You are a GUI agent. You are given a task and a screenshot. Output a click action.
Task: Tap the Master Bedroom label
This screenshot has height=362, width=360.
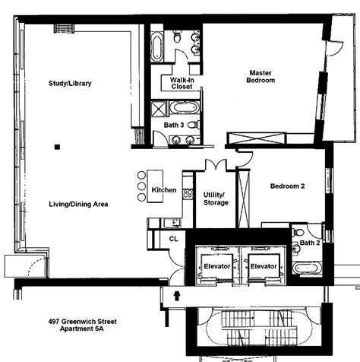pyautogui.click(x=261, y=77)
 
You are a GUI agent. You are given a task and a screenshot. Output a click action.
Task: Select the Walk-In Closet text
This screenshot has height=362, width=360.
pyautogui.click(x=181, y=82)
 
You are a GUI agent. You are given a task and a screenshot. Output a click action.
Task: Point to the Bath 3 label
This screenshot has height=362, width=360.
pyautogui.click(x=174, y=124)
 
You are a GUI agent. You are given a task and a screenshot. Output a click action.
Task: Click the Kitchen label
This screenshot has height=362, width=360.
pyautogui.click(x=164, y=189)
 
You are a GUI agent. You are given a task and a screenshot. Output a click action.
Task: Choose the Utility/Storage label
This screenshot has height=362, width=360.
pyautogui.click(x=216, y=198)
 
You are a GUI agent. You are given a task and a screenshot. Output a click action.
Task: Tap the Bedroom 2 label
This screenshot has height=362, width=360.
pyautogui.click(x=287, y=186)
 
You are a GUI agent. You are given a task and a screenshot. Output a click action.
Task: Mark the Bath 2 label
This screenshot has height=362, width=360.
pyautogui.click(x=309, y=243)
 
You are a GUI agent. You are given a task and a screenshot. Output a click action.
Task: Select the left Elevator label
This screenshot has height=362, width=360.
pyautogui.click(x=217, y=267)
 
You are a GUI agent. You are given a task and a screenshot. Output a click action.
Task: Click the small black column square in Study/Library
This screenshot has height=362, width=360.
pyautogui.click(x=56, y=146)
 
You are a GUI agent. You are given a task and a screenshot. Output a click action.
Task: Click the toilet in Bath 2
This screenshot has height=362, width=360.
pyautogui.click(x=299, y=231)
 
